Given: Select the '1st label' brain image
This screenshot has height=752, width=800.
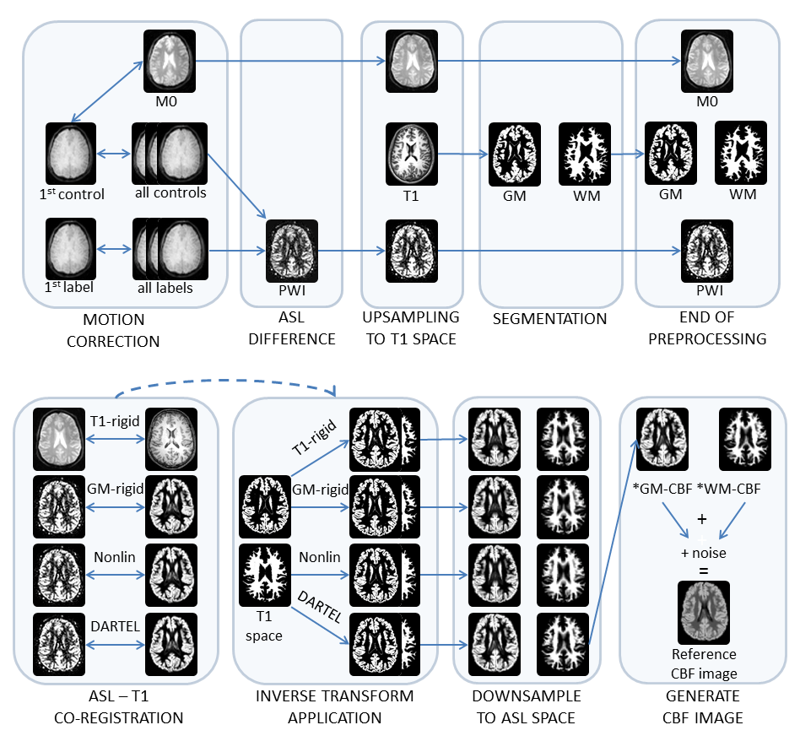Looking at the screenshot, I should [x=71, y=245].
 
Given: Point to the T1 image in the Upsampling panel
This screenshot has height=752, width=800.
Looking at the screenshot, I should [x=412, y=153].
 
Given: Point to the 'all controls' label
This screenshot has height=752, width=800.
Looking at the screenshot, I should [x=170, y=192].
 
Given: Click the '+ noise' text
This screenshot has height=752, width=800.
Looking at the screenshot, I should [x=704, y=553].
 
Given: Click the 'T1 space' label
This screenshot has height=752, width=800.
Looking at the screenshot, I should [x=264, y=628].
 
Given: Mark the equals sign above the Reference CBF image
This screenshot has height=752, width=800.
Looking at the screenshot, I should [x=704, y=570].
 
